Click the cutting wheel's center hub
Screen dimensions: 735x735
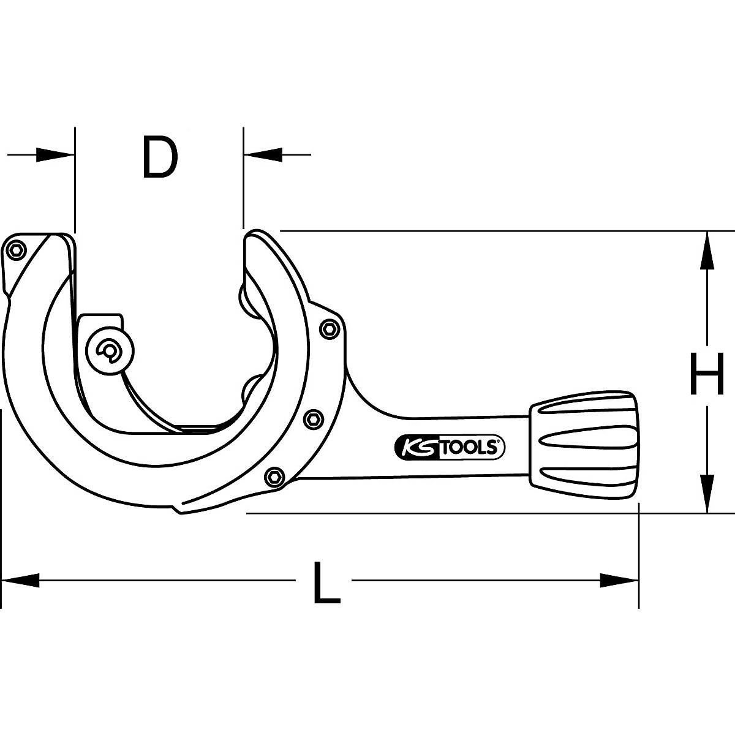click(111, 352)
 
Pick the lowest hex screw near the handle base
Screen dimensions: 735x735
click(275, 476)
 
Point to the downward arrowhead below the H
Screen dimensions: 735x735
click(706, 493)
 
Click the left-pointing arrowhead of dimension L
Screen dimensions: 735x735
click(21, 580)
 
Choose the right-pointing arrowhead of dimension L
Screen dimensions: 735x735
click(619, 580)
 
